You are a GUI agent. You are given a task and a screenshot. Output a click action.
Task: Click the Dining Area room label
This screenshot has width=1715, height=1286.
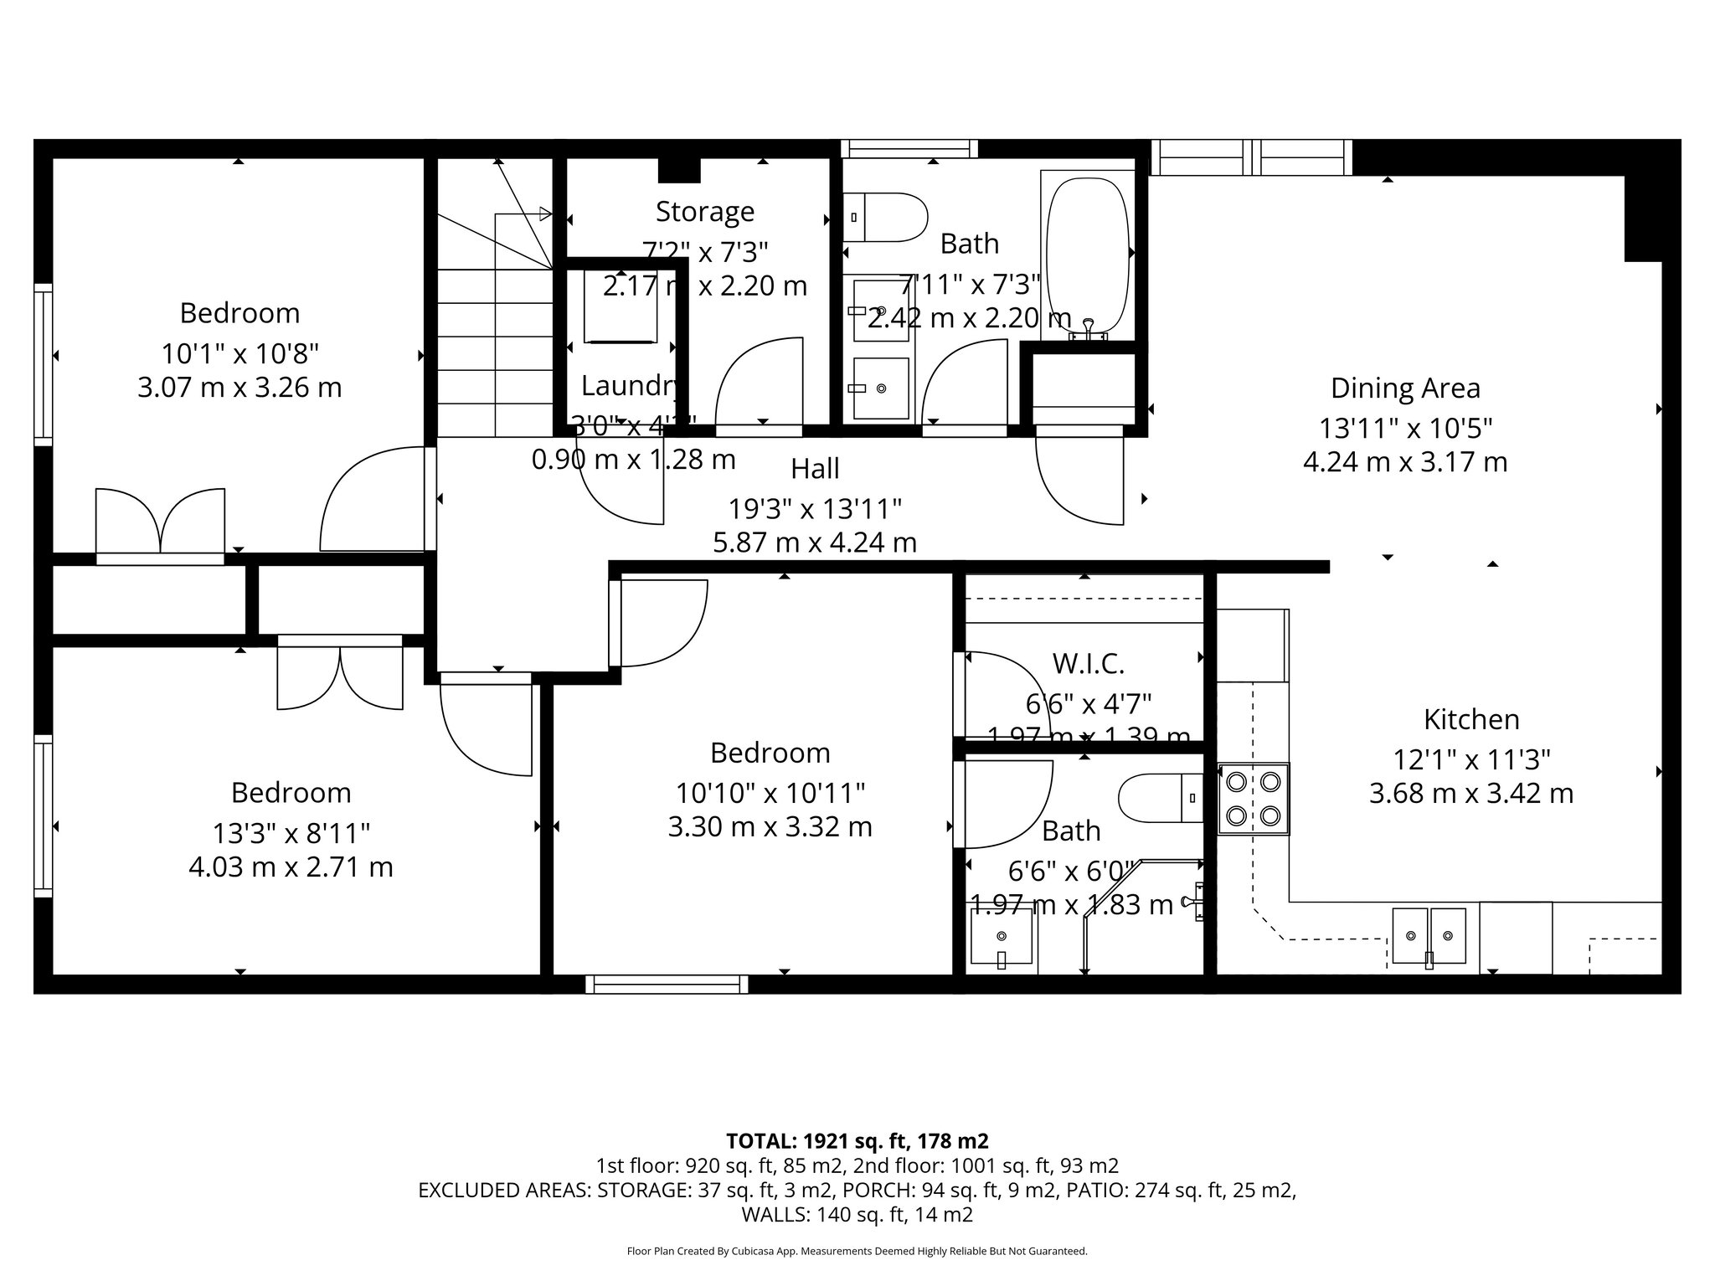point(1405,388)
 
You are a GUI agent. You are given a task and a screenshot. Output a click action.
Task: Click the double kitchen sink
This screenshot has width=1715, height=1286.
point(1429,935)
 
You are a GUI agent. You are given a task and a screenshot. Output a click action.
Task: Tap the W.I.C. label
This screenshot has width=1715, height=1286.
point(1088,664)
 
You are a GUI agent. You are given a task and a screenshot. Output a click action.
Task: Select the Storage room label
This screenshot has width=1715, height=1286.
point(704,212)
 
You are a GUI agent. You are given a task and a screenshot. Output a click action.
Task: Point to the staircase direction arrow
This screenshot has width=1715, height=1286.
point(544,213)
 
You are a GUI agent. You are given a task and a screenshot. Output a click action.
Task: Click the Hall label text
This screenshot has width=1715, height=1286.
point(815,469)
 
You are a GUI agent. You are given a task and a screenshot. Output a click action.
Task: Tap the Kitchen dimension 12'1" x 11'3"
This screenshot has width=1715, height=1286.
point(1471,760)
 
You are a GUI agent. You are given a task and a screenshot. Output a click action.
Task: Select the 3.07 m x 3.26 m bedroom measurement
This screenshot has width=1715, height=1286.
point(239,388)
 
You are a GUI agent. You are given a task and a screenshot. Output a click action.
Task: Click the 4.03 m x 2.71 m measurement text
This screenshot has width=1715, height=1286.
point(291,867)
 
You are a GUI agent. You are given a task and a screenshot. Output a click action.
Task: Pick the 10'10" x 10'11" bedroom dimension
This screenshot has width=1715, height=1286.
point(770,792)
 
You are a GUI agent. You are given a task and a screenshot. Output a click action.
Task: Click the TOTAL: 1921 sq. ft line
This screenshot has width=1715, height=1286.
point(857,1141)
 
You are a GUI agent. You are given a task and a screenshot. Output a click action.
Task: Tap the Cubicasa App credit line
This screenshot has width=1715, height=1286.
point(857,1252)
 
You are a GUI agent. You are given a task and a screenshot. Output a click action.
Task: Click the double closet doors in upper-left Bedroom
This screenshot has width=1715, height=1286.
point(160,521)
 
